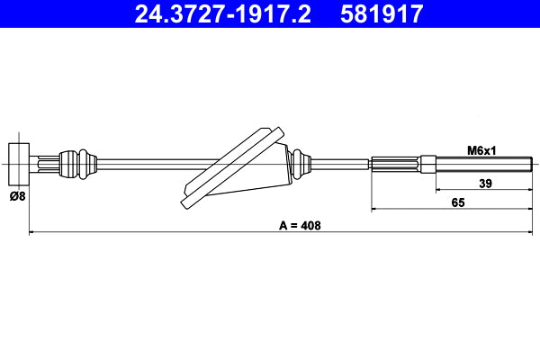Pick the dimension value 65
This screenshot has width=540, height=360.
tap(458, 203)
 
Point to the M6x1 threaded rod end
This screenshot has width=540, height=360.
tap(486, 164)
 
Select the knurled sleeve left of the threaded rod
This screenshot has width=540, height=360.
tap(396, 164)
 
